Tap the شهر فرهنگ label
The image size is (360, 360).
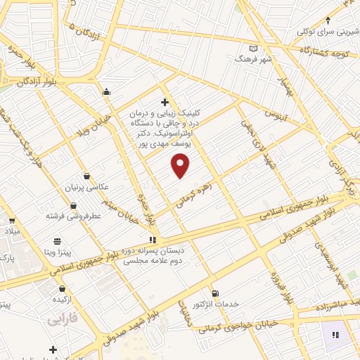click(254, 60)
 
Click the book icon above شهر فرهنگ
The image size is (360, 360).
click(254, 49)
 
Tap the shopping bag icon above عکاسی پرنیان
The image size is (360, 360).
click(86, 176)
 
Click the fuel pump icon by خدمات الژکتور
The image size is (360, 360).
click(214, 293)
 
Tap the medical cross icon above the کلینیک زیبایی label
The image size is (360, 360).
click(165, 103)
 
